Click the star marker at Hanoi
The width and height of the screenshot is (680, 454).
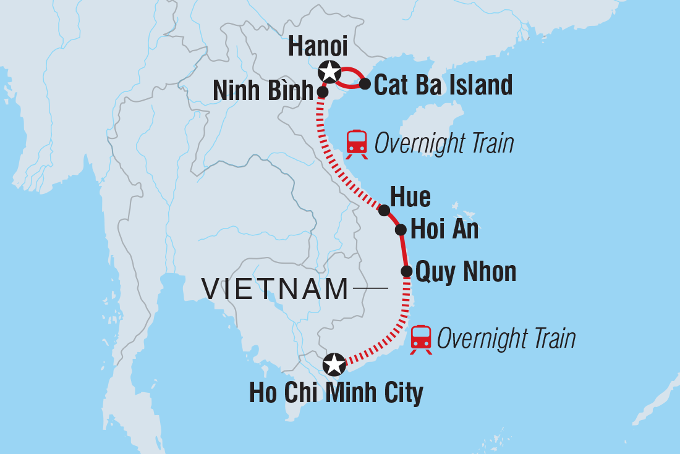329,72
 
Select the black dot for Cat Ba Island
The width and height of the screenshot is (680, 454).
365,83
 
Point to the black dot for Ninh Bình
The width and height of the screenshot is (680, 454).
322,91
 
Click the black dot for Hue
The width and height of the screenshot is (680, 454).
384,211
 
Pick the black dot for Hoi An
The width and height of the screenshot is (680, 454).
401,230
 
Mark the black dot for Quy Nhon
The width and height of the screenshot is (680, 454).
407,271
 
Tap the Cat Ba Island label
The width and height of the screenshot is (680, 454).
443,85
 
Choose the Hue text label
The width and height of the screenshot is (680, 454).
410,198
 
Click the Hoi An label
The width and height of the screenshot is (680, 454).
444,230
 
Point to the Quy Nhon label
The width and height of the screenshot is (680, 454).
465,271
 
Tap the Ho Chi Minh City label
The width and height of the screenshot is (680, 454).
336,393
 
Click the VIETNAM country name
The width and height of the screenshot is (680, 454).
275,289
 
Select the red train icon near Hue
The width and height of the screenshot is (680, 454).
357,145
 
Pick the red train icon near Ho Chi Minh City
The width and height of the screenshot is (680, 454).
422,339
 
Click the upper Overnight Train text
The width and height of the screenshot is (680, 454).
444,144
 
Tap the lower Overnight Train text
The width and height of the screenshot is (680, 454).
506,338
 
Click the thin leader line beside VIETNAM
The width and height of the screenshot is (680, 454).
371,288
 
